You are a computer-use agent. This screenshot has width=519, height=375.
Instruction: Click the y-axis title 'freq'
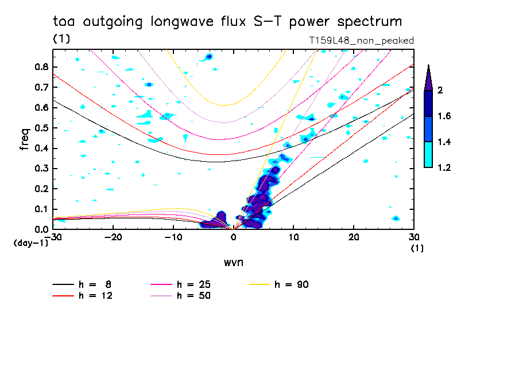25,140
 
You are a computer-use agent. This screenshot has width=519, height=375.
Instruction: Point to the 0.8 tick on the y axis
40,67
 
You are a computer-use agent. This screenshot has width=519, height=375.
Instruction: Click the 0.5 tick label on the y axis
40,128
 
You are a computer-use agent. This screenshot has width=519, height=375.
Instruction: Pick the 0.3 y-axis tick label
40,169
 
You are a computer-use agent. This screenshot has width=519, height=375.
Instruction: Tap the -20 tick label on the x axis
113,237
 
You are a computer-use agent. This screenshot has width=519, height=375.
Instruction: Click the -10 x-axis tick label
173,237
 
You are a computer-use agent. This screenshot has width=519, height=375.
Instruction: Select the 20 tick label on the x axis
354,237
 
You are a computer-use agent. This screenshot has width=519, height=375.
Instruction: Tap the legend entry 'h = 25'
194,284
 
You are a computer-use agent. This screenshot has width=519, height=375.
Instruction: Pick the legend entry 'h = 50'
194,295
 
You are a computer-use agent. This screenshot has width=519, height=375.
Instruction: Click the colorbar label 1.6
444,116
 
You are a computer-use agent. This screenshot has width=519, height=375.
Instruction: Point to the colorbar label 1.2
444,167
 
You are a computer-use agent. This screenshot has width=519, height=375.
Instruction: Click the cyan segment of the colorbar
428,154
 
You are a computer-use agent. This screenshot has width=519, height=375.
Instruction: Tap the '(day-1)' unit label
30,243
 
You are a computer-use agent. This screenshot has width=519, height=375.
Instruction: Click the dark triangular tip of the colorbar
428,77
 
